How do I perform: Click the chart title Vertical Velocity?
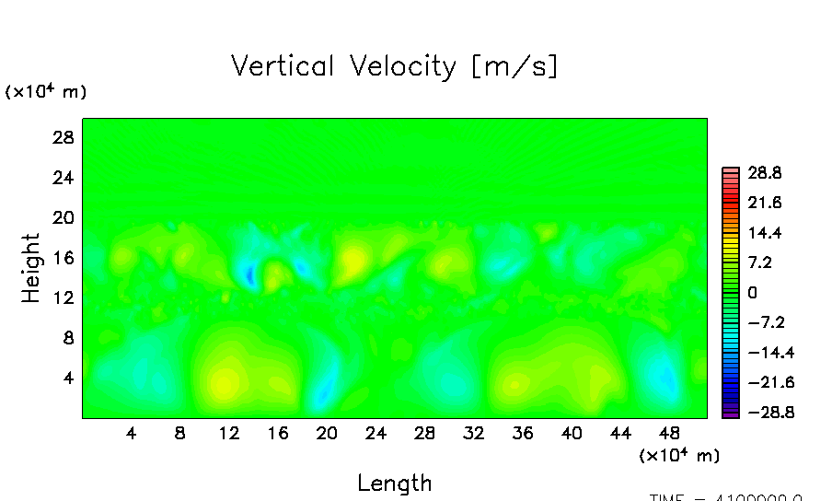(x=394, y=66)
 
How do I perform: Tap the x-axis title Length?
(x=394, y=483)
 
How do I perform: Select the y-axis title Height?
(x=31, y=268)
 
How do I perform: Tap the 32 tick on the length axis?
(x=474, y=433)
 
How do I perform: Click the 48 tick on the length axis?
(x=670, y=433)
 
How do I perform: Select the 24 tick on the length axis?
(x=376, y=433)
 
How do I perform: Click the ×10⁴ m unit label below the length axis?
(x=678, y=455)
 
